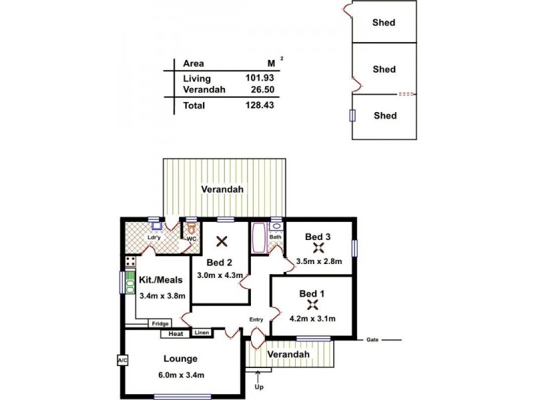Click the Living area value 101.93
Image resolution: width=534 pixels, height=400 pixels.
(260, 78)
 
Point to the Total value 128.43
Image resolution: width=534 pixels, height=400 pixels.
(260, 105)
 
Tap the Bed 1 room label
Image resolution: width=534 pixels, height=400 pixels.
(312, 293)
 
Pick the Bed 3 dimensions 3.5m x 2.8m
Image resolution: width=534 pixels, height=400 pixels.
(318, 261)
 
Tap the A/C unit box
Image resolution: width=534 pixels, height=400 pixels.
(122, 360)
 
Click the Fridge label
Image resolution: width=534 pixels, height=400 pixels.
(160, 324)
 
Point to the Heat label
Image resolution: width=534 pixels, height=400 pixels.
(176, 334)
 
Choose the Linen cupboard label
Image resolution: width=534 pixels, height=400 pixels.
(202, 332)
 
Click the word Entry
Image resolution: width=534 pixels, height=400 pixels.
(257, 319)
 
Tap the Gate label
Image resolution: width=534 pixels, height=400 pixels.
(372, 340)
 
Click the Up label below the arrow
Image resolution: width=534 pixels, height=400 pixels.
(259, 387)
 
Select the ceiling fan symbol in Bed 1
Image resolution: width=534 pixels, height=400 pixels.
(312, 305)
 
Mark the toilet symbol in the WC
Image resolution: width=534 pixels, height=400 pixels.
(191, 229)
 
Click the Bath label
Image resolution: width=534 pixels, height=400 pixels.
(275, 237)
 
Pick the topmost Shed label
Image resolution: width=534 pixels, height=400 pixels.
(384, 23)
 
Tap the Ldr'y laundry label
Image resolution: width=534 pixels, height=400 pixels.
(153, 238)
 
